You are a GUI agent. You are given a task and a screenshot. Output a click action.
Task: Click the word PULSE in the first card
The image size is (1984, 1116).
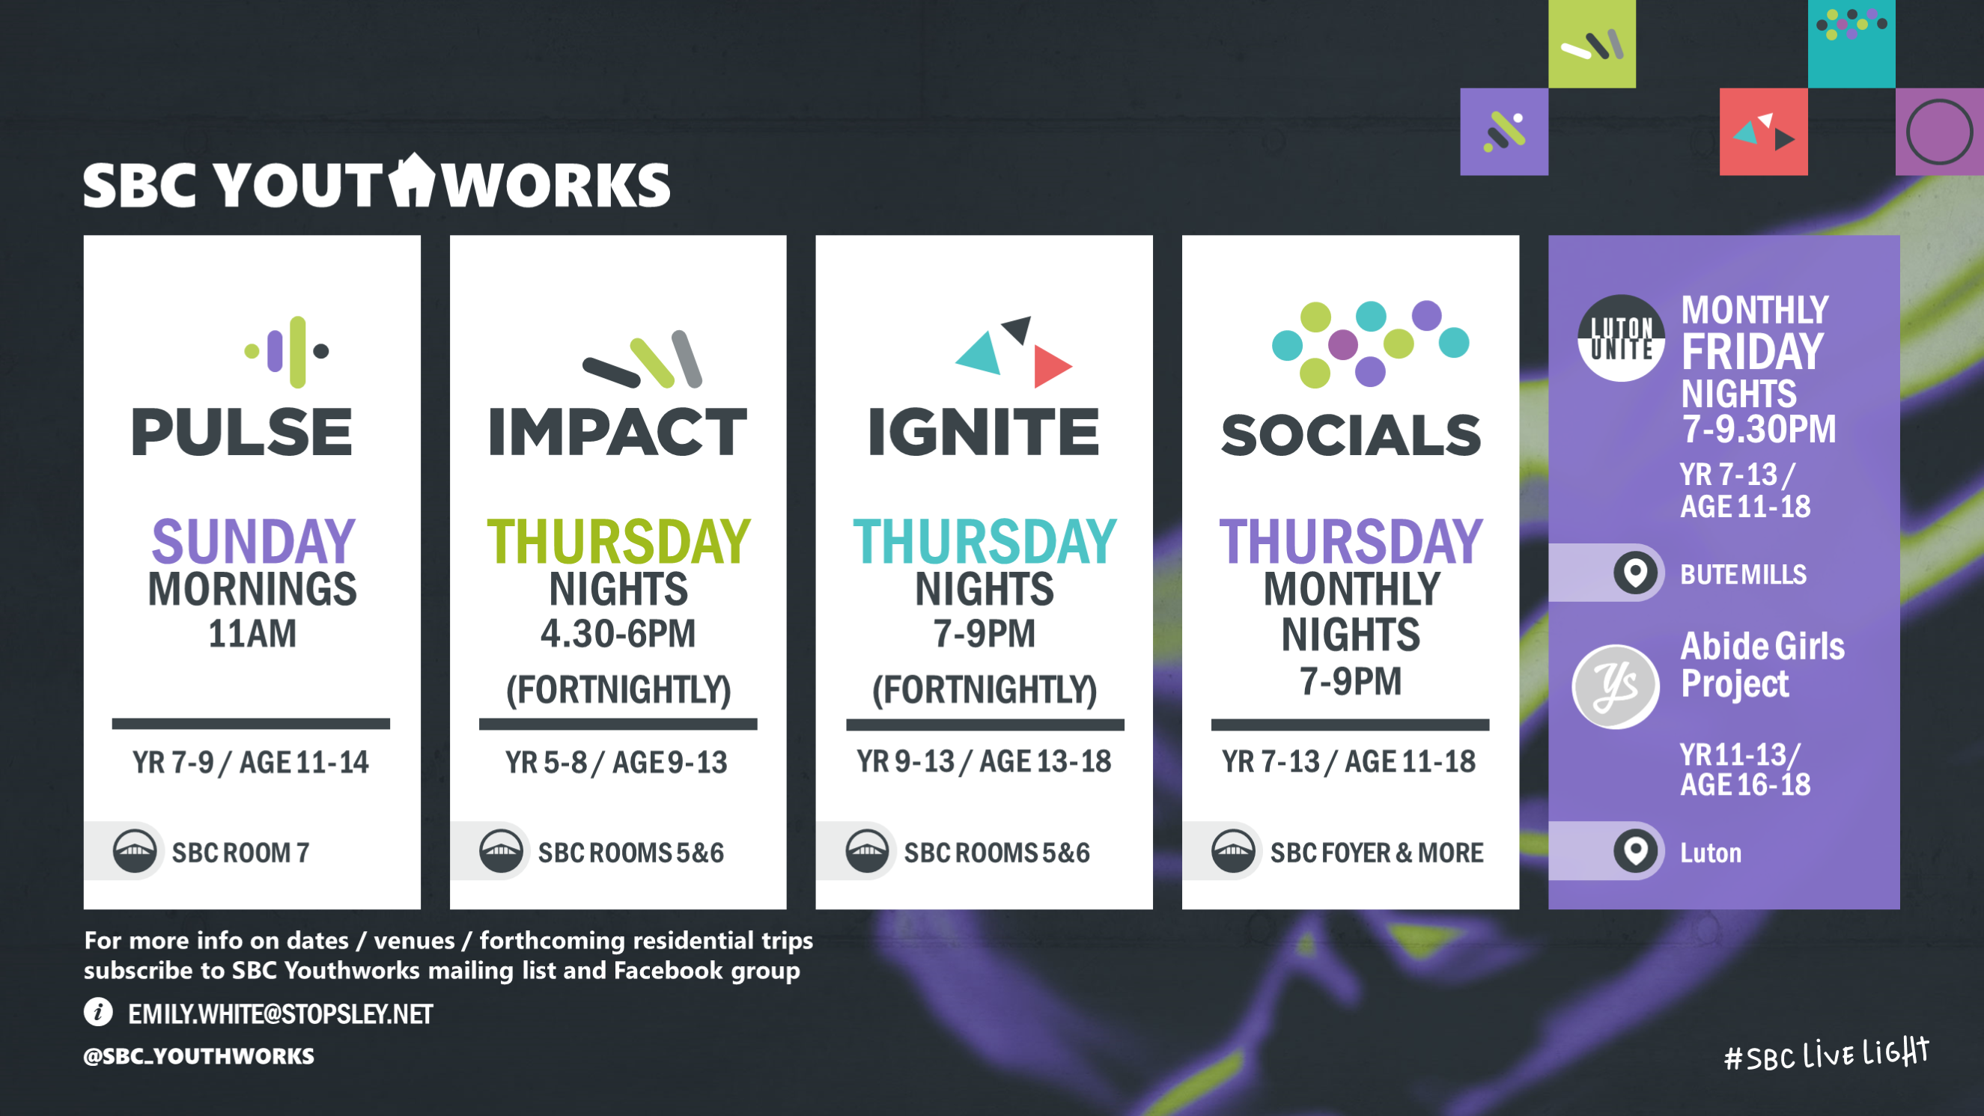tap(242, 432)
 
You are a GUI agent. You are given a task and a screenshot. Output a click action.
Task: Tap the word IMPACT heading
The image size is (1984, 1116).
tap(618, 432)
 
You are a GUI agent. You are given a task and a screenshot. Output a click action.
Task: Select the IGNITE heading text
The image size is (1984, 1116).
tap(984, 432)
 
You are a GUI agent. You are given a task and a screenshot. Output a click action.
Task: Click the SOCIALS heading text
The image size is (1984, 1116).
tap(1351, 435)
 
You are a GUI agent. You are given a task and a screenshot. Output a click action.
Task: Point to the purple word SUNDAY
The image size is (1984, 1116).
tap(252, 540)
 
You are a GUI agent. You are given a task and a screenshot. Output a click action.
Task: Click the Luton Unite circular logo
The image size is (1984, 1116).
tap(1621, 338)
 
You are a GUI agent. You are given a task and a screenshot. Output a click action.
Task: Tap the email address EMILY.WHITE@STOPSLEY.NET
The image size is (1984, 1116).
tap(280, 1014)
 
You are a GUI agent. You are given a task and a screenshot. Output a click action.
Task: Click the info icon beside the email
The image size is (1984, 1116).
tap(99, 1012)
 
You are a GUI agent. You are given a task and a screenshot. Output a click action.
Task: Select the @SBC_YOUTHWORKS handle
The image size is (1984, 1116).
tap(198, 1056)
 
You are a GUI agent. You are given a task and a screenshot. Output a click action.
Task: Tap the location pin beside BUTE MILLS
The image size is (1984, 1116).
tap(1635, 573)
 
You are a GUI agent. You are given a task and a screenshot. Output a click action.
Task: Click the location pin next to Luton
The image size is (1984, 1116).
tap(1635, 851)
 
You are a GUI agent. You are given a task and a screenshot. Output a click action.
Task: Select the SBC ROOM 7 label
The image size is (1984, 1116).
tap(240, 853)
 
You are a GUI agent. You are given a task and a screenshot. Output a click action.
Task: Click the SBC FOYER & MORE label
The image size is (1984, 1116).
tap(1376, 853)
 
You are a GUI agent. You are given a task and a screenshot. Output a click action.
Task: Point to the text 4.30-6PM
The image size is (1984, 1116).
tap(618, 634)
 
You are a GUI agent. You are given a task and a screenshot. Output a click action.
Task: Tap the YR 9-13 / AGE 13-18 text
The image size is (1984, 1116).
tap(984, 762)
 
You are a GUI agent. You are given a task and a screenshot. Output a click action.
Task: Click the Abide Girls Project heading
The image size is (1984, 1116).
tap(1762, 665)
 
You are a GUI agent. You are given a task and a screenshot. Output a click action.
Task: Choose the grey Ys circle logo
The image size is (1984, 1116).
tap(1615, 686)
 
